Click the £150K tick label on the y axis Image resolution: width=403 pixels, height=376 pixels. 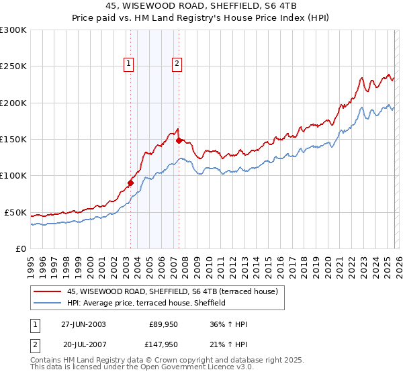tap(13, 140)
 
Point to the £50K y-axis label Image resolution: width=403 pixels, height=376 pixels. tap(15, 212)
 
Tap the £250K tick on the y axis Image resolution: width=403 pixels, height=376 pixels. tap(13, 66)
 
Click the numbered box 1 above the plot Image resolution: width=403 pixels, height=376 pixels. tap(128, 64)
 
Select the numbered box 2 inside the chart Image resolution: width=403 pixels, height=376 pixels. tap(177, 64)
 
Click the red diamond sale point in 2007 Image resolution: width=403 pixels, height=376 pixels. tap(179, 141)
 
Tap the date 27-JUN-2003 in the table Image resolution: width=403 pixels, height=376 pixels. tap(83, 324)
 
